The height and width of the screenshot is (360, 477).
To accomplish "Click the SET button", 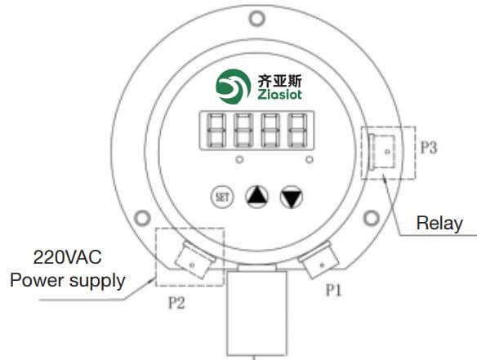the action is coord(222,197).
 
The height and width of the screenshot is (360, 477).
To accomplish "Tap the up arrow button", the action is coord(256,196).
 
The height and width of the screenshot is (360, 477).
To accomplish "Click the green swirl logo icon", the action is coord(234,87).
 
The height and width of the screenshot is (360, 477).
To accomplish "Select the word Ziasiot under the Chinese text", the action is coord(280,94).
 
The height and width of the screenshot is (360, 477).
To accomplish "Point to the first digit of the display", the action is coord(216,131).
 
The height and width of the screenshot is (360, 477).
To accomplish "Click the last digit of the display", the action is coord(297,131).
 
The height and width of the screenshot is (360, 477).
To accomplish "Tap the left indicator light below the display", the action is coord(239,160).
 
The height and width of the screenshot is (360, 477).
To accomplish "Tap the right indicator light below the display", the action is coord(310,160).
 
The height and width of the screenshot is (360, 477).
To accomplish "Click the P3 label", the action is coord(429,148).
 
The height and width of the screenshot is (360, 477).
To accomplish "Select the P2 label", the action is coord(176,303).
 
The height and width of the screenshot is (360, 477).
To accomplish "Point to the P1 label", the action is coord(334,290).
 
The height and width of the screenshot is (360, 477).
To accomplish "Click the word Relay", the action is coord(439,224).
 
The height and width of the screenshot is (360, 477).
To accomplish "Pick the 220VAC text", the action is coord(67,257).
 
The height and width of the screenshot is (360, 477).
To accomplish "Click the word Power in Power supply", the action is coord(37,280).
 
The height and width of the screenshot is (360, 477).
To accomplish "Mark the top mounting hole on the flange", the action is coord(256,19).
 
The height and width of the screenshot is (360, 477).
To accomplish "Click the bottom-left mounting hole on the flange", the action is coord(142,218).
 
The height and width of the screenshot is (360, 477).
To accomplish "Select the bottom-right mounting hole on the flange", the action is coord(372,218).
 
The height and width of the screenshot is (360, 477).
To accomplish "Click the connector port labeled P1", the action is coord(319,260).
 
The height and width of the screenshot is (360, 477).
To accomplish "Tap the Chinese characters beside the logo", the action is coord(280,80).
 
